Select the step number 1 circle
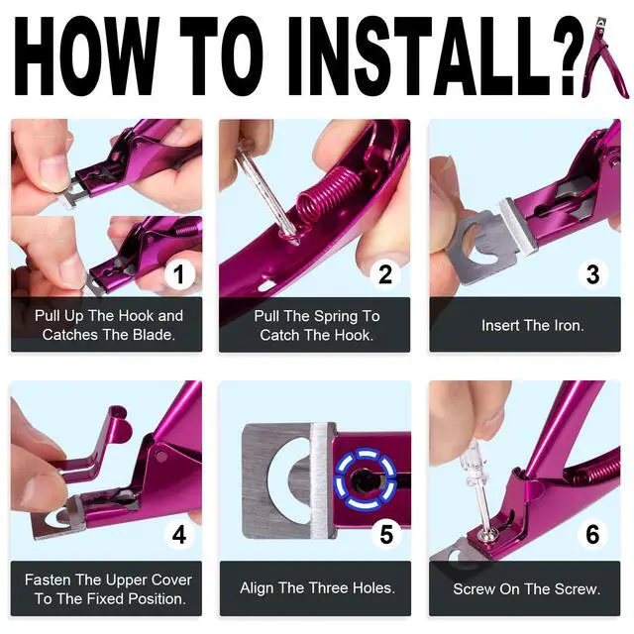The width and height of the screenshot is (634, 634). pos(178,273)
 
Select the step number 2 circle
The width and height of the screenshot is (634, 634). pos(385,273)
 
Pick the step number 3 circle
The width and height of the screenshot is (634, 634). pos(592,273)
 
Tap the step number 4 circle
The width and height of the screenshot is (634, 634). pos(178,536)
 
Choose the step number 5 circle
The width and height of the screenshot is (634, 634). pos(385,536)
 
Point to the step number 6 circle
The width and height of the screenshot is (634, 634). pos(592,536)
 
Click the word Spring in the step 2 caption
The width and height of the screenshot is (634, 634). pos(330,316)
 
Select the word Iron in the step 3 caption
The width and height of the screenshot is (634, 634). pos(568,326)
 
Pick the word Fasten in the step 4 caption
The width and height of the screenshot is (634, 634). pos(49,580)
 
